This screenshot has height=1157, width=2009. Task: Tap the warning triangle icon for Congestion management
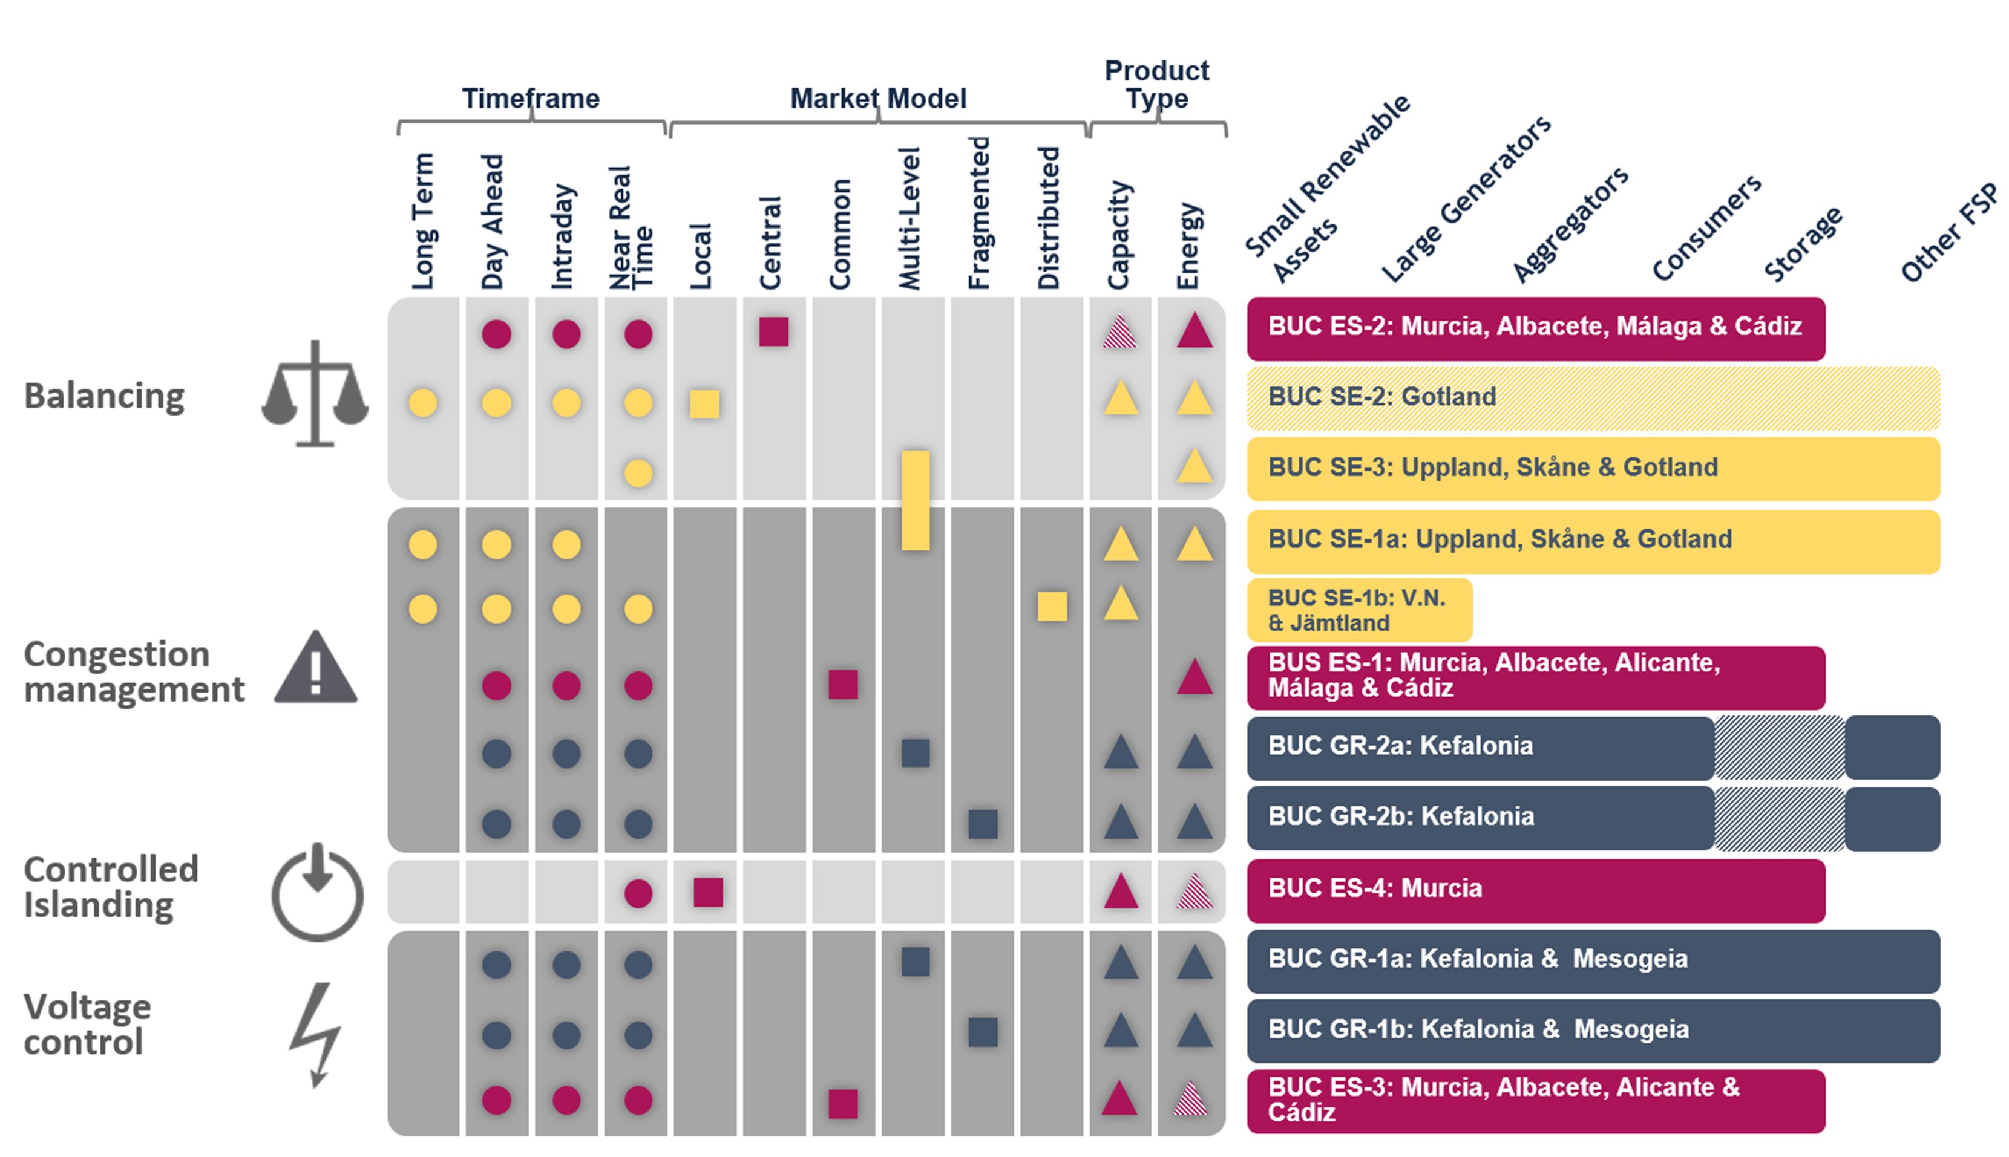click(316, 668)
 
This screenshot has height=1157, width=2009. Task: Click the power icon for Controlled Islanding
click(317, 892)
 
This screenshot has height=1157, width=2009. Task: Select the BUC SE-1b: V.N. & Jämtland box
click(1358, 610)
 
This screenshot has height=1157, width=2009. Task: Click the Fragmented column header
click(980, 213)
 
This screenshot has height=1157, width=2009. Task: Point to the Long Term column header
click(423, 221)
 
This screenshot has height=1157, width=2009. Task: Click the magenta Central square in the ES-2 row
click(773, 331)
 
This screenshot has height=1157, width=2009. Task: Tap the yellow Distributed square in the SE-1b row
click(1052, 606)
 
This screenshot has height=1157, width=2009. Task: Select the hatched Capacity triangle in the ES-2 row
click(1119, 332)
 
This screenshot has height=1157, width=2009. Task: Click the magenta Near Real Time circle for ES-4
click(638, 893)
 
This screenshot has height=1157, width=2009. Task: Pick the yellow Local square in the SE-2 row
click(704, 403)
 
